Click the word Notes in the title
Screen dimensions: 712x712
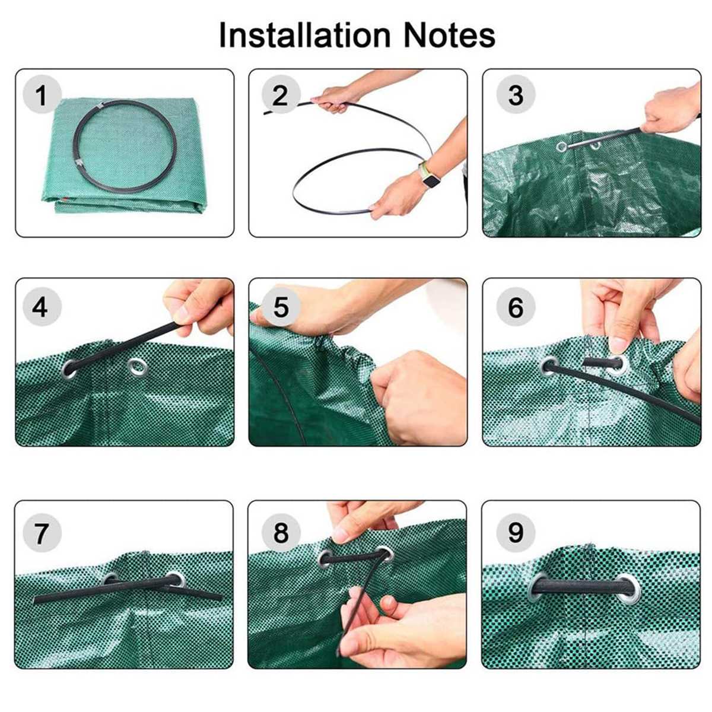pos(449,35)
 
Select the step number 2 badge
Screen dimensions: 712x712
pos(280,95)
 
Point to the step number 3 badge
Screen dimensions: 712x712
pos(516,95)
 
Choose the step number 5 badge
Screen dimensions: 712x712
pos(280,307)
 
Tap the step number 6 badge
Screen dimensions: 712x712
pos(516,307)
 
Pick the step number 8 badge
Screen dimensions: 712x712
pos(280,532)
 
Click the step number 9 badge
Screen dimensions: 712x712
pos(516,532)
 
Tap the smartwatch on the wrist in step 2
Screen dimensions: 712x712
pos(428,176)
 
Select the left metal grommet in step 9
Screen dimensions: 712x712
pos(539,586)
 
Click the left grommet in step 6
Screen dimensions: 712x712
pos(549,366)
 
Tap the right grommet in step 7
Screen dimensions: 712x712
pos(175,579)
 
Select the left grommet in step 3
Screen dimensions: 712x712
pos(561,146)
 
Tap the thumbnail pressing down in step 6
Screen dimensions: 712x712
pos(618,345)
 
